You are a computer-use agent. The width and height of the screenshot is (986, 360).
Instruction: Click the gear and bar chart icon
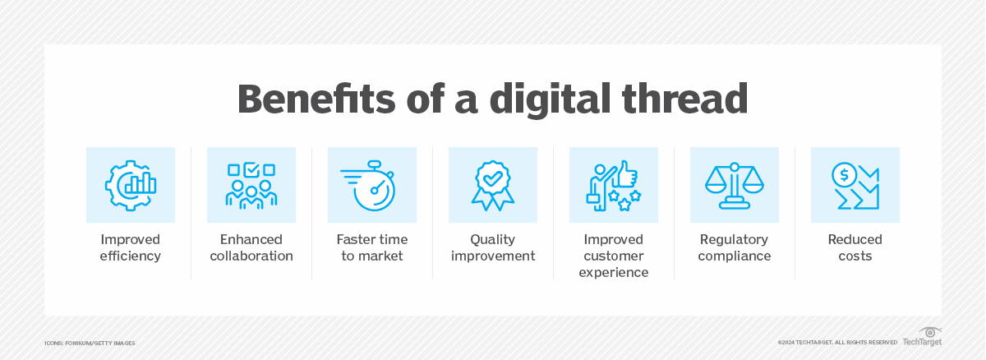(x=131, y=185)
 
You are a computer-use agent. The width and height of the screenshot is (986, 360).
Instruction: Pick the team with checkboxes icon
(x=251, y=185)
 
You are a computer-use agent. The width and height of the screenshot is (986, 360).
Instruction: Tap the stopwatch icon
(x=371, y=185)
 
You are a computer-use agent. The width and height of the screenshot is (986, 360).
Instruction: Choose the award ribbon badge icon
(x=492, y=185)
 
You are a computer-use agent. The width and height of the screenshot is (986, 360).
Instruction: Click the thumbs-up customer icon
(x=613, y=185)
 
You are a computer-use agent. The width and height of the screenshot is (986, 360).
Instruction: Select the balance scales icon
(x=734, y=185)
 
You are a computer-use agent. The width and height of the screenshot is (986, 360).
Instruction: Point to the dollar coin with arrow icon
(x=855, y=185)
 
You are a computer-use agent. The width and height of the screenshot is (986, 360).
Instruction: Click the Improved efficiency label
(x=131, y=247)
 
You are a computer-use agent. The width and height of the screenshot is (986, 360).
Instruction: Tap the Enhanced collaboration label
(x=251, y=247)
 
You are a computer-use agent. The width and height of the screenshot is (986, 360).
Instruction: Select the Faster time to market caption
(x=371, y=247)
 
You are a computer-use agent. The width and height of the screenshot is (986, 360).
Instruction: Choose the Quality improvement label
(x=492, y=247)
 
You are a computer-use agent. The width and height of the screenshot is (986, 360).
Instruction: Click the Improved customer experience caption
(x=613, y=256)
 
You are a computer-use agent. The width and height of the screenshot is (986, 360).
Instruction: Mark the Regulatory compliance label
(x=734, y=247)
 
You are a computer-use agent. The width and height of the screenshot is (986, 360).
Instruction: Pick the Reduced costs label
(x=855, y=247)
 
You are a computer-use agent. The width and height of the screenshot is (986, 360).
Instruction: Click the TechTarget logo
(x=922, y=337)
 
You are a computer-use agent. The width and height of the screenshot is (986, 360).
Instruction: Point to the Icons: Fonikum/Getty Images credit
(x=90, y=342)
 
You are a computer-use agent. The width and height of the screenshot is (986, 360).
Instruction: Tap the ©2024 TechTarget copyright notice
(x=837, y=342)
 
